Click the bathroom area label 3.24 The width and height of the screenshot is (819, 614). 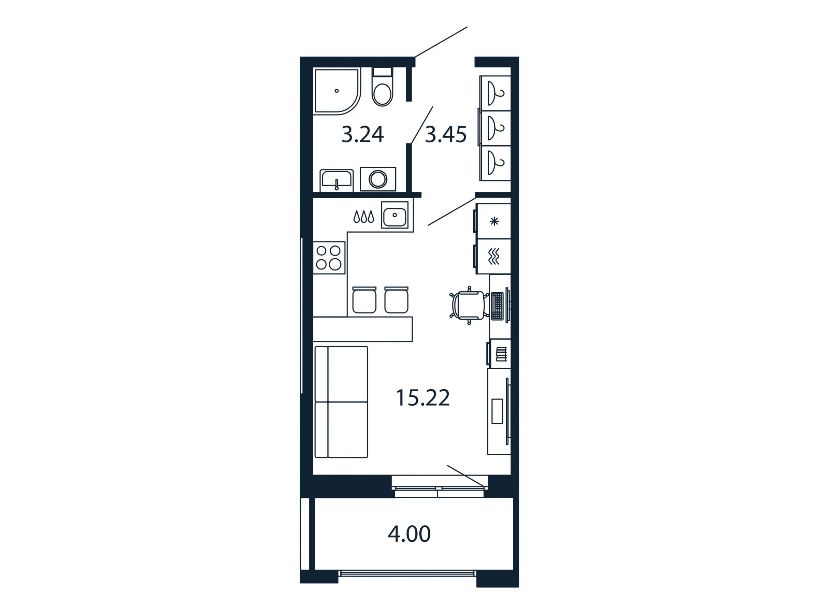pos(362,134)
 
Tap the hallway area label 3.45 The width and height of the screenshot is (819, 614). pos(445,134)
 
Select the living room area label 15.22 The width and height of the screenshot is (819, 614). pos(423,398)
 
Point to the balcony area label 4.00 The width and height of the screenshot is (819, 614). pos(409,534)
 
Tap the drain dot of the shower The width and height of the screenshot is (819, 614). pos(336,91)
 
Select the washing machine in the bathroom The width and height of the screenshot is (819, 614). pos(378,179)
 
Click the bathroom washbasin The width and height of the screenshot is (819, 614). pos(336,180)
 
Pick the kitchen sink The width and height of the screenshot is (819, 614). pos(395,215)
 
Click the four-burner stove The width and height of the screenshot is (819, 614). pos(329,258)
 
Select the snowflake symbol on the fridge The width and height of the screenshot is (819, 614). pos(494,221)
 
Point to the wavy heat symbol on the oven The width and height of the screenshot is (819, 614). pos(494,257)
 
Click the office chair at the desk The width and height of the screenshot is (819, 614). pos(469,305)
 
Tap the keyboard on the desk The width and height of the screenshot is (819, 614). pos(497,306)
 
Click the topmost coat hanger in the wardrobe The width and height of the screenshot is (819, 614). pos(495,93)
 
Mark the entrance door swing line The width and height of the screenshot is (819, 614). pos(441,42)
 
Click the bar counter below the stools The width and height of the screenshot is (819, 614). pos(363,329)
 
